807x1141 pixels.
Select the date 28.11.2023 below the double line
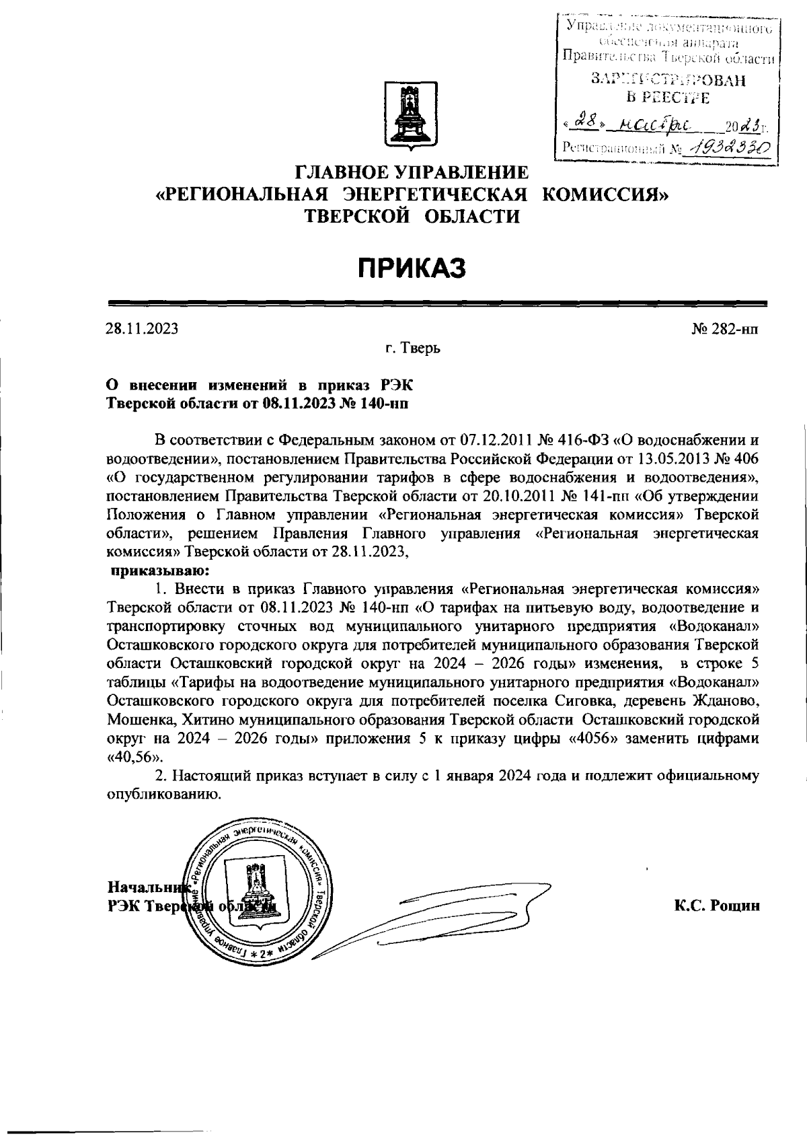[142, 329]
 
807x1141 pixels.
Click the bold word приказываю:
[151, 571]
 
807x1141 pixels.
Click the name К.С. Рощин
[718, 906]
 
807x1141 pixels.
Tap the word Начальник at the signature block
[147, 887]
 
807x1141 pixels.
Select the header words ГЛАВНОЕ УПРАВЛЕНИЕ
[412, 172]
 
